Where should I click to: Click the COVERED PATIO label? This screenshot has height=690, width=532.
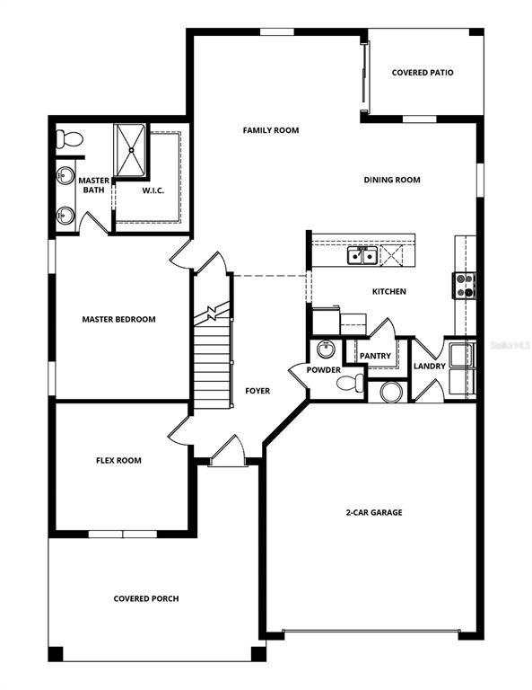tap(423, 73)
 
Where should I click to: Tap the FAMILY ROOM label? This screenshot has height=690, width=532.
tap(270, 130)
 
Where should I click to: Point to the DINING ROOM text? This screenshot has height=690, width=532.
tap(392, 180)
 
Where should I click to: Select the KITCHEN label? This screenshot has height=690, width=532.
tap(389, 292)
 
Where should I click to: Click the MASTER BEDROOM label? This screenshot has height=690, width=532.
tap(119, 319)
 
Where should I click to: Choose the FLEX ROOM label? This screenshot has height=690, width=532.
tap(118, 461)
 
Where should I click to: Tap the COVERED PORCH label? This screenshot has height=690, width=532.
tap(145, 598)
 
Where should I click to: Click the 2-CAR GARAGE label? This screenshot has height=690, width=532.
tap(375, 512)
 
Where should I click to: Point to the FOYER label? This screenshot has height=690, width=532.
tap(257, 391)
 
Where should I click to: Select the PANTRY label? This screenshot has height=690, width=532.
tap(375, 356)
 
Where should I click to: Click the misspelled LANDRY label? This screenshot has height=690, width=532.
tap(430, 366)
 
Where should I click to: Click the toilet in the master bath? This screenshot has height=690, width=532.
tap(67, 139)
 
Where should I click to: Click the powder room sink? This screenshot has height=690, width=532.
tap(326, 349)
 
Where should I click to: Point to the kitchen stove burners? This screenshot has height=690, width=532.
tap(465, 285)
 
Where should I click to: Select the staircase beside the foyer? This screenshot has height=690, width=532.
tap(213, 364)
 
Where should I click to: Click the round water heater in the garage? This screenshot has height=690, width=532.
tap(391, 391)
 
